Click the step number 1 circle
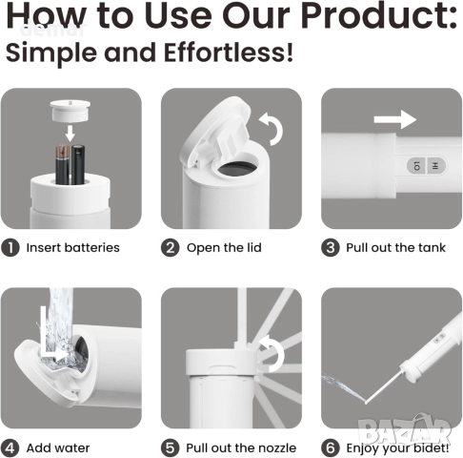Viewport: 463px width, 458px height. coord(10,248)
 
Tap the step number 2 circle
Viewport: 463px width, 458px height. coord(171,248)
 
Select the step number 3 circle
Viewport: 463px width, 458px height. coord(331,248)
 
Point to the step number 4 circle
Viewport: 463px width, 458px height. coord(10,448)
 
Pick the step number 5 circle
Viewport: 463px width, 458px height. coord(171,448)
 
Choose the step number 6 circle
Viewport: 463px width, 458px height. coord(331,448)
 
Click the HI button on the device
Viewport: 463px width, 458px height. coord(435,166)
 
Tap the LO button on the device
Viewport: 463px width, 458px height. coord(417,166)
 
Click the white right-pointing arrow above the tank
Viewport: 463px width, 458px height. coord(395,119)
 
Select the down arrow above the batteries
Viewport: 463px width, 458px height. coord(70,134)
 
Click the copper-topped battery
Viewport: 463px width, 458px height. coord(62,164)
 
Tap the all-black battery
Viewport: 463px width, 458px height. coord(78,164)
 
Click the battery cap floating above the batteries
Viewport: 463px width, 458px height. coord(70,112)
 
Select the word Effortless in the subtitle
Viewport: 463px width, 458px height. coord(229,52)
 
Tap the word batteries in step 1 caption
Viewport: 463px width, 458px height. coord(91,248)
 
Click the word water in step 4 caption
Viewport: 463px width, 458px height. coord(73,448)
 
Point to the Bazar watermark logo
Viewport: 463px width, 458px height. coord(405,430)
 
